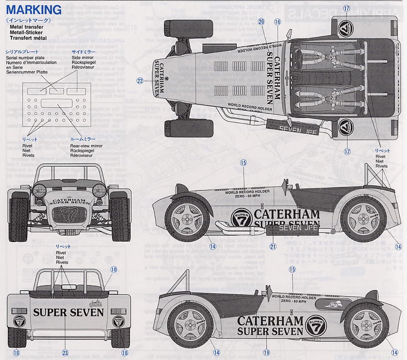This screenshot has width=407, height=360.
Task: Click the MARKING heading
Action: pyautogui.click(x=34, y=9)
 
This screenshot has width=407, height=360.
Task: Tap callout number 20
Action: pyautogui.click(x=261, y=21)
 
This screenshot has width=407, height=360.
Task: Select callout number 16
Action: pyautogui.click(x=277, y=21)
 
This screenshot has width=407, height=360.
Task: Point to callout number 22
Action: pyautogui.click(x=140, y=81)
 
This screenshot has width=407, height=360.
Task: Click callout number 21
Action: pyautogui.click(x=273, y=247)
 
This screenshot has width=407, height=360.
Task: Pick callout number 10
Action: pyautogui.click(x=113, y=270)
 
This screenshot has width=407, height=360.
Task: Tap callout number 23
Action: pyautogui.click(x=66, y=353)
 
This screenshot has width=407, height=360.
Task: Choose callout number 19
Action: pyautogui.click(x=266, y=353)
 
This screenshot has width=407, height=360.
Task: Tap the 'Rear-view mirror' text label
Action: pyautogui.click(x=86, y=146)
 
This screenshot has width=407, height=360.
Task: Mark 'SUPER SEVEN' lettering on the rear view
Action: pyautogui.click(x=68, y=313)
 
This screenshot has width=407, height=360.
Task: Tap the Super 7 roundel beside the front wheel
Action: pyautogui.click(x=241, y=218)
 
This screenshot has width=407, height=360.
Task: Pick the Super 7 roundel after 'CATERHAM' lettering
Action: pyautogui.click(x=316, y=324)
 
